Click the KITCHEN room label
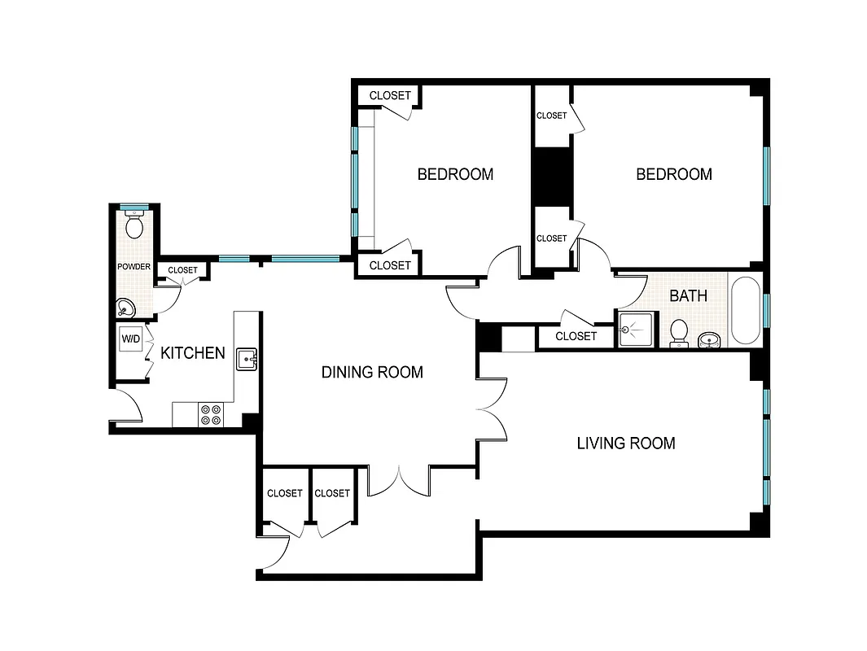pyautogui.click(x=192, y=353)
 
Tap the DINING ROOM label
pyautogui.click(x=372, y=373)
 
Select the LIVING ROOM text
pyautogui.click(x=625, y=443)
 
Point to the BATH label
pyautogui.click(x=688, y=296)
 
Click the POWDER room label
pyautogui.click(x=134, y=267)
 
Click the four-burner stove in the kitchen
pyautogui.click(x=211, y=415)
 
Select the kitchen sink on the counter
pyautogui.click(x=247, y=358)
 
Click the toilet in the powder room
pyautogui.click(x=134, y=225)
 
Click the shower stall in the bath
pyautogui.click(x=635, y=330)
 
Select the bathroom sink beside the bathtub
pyautogui.click(x=709, y=338)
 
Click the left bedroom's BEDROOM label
pyautogui.click(x=455, y=174)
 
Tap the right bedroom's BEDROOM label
pyautogui.click(x=673, y=174)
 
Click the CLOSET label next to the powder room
pyautogui.click(x=182, y=270)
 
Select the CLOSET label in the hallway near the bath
pyautogui.click(x=576, y=336)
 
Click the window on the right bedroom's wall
pyautogui.click(x=766, y=176)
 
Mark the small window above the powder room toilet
pyautogui.click(x=134, y=208)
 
